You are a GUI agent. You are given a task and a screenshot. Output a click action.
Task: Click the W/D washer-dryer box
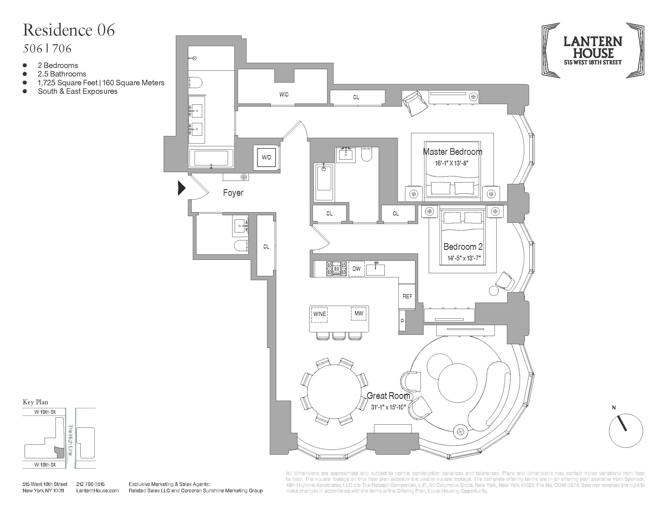266,158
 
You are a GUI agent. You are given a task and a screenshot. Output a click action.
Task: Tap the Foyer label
233,192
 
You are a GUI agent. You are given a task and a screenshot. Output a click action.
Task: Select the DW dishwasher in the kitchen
357,269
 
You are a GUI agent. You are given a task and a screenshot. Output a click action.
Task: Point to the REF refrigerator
407,296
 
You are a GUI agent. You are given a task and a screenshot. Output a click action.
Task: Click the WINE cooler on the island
320,314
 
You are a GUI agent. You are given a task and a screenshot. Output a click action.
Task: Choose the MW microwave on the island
359,314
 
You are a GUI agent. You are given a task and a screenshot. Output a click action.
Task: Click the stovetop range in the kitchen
337,269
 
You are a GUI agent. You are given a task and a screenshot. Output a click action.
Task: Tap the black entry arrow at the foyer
181,188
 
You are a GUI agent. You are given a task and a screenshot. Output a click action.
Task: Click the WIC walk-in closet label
284,94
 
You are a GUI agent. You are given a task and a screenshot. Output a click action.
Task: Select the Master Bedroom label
452,152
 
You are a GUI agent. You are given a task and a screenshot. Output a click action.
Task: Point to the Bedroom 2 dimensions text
464,258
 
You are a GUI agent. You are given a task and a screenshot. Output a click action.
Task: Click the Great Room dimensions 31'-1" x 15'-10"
388,407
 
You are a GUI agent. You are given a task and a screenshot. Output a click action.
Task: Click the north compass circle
625,431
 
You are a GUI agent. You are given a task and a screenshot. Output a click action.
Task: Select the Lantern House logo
593,50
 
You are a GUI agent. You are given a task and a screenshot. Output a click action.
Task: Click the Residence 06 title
69,30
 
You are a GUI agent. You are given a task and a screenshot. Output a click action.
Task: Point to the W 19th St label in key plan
45,412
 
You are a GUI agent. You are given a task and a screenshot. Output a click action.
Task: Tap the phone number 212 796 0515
90,484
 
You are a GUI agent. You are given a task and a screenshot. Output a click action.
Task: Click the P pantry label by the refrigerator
402,321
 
